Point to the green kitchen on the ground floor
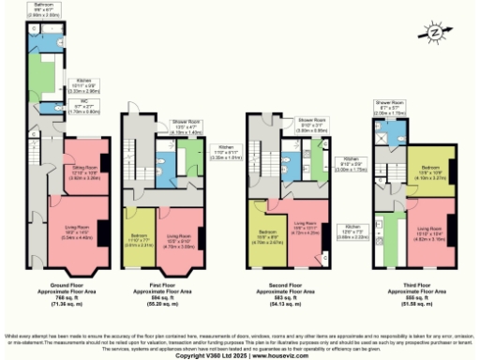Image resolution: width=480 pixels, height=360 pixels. tap(43, 75)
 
